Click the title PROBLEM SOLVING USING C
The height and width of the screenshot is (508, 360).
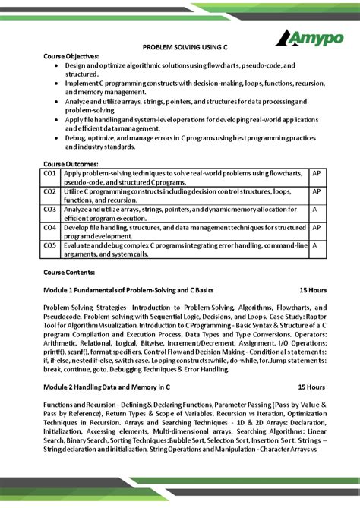coord(180,47)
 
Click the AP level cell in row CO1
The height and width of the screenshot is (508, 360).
coord(317,173)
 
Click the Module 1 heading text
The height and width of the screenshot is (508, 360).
coord(128,290)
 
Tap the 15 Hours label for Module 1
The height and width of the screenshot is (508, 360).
coord(312,290)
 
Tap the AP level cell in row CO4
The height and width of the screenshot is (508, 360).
coord(317,227)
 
